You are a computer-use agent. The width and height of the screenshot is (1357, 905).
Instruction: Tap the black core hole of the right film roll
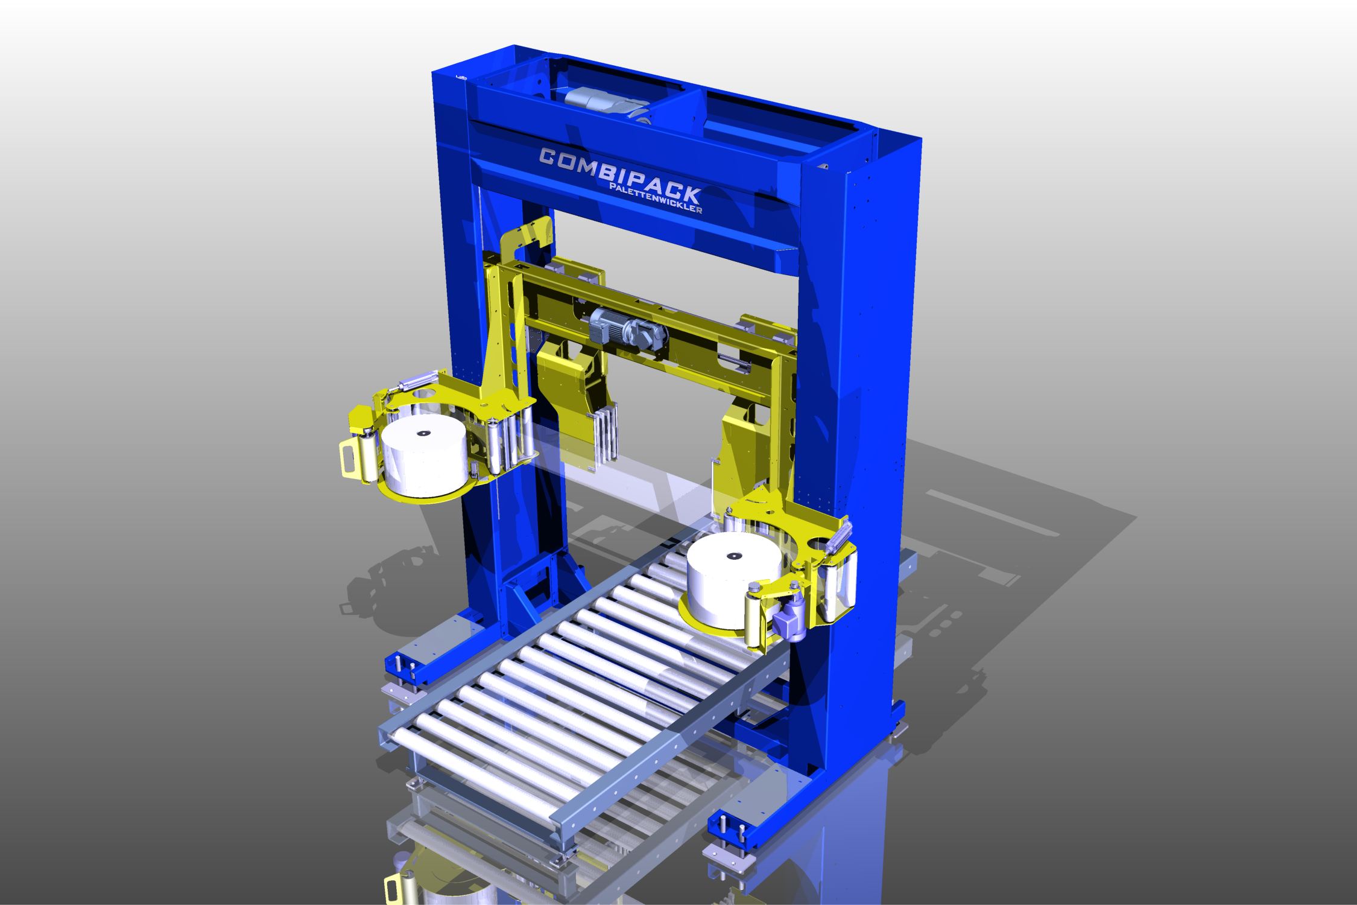(734, 555)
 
